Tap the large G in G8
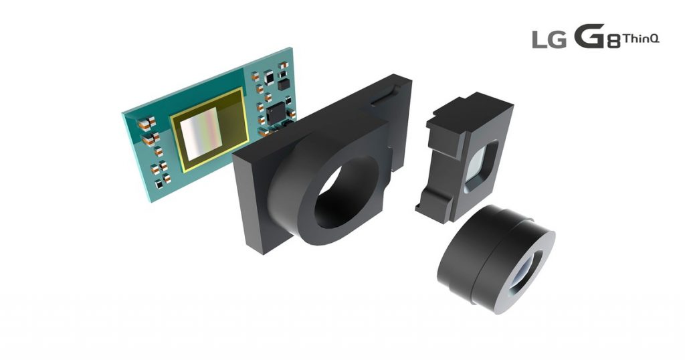pos(588,37)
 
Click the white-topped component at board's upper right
pos(269,78)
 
